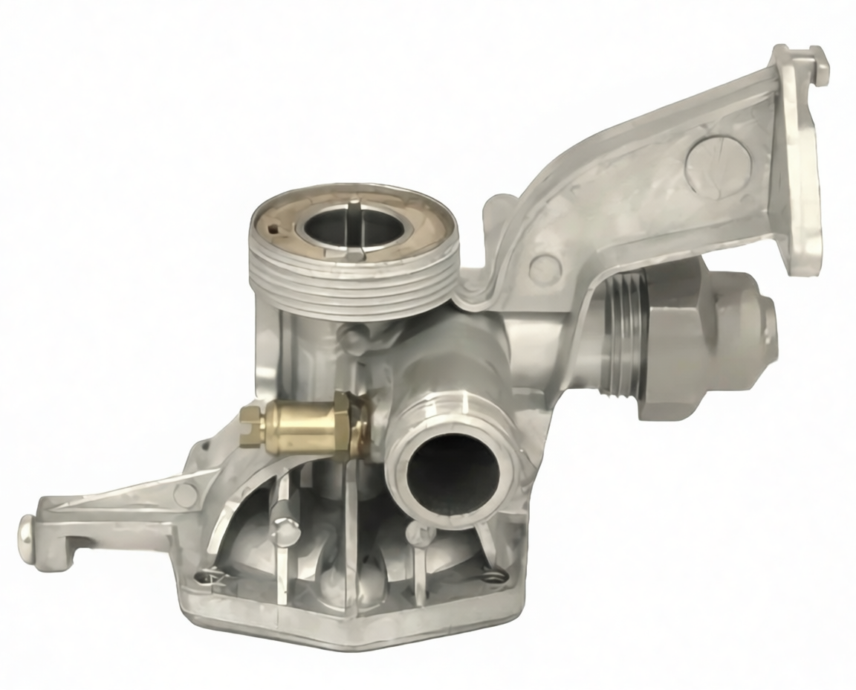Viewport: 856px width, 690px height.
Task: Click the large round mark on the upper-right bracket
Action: coord(717,166)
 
